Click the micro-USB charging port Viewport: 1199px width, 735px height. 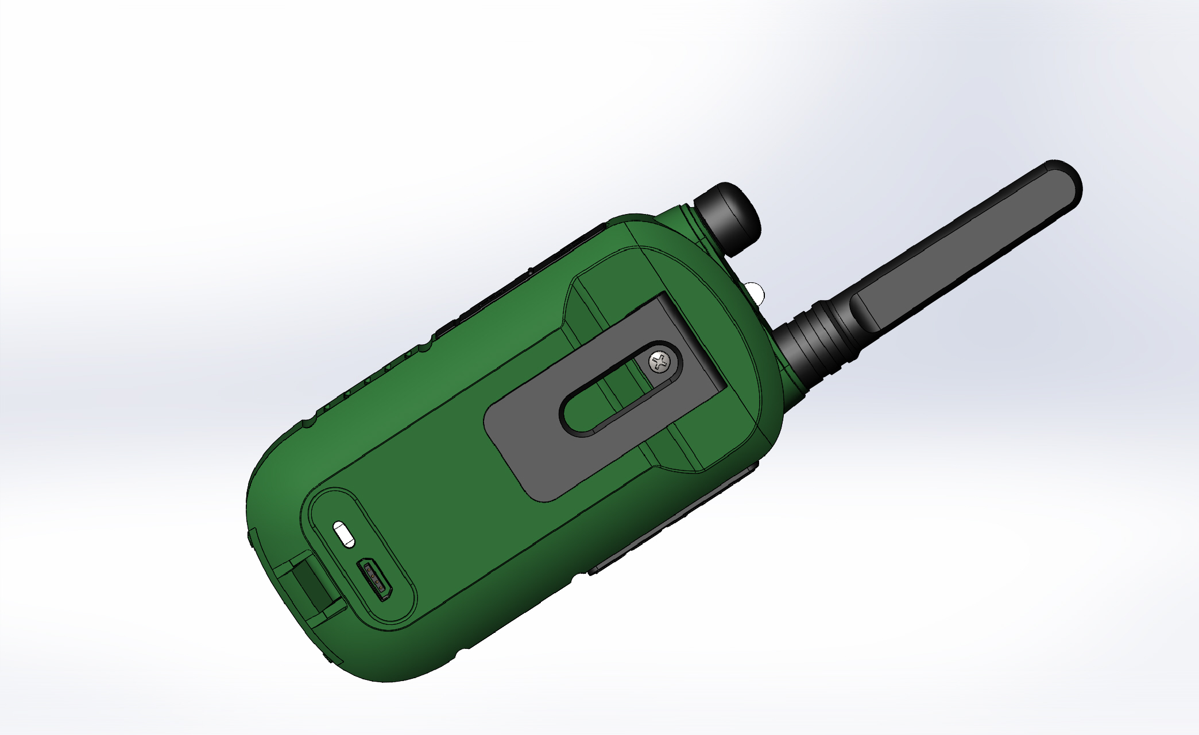pyautogui.click(x=375, y=579)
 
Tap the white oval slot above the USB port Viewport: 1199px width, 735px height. pyautogui.click(x=345, y=534)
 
